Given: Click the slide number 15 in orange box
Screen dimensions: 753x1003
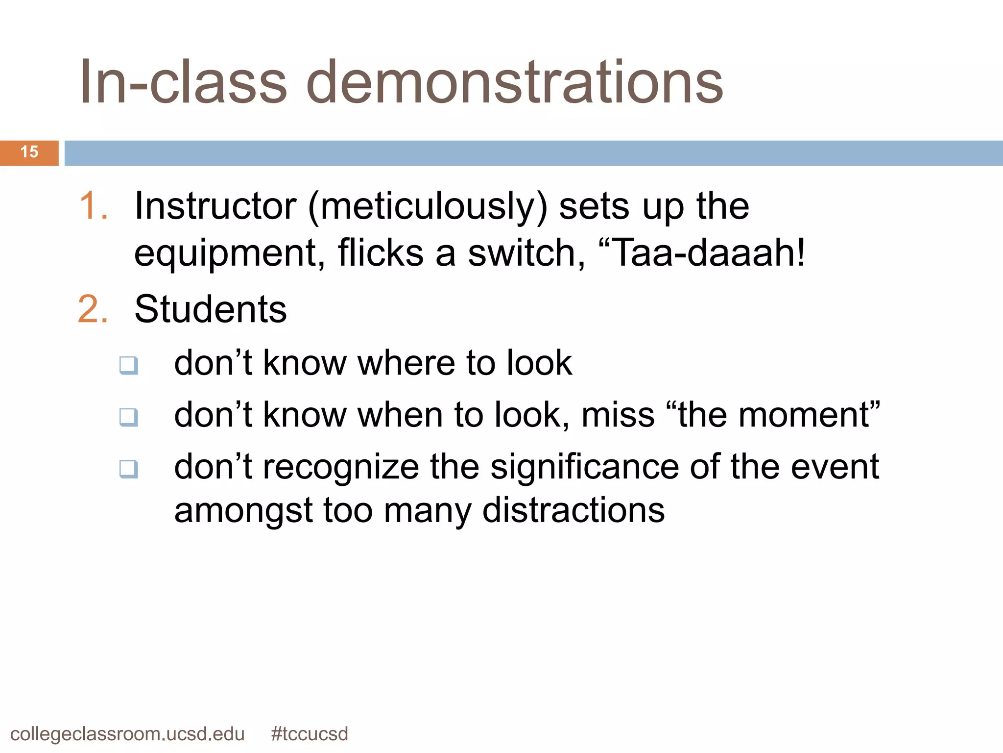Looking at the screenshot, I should click(29, 152).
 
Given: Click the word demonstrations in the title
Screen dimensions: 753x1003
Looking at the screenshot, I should click(514, 82).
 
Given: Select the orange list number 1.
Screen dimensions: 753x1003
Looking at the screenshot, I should click(93, 206).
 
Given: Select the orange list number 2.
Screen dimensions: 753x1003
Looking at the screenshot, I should click(93, 310).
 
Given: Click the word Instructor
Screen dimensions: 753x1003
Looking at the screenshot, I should click(215, 206).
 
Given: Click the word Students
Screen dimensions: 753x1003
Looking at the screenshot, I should click(211, 310).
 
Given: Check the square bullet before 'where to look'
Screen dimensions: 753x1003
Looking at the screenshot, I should click(129, 365).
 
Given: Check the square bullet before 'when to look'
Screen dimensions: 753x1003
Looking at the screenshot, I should click(129, 417).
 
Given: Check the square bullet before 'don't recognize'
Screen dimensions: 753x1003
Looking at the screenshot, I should click(129, 469).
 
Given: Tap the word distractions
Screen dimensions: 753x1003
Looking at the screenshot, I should click(573, 510).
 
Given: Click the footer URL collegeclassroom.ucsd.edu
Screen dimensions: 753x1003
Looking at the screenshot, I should click(127, 734).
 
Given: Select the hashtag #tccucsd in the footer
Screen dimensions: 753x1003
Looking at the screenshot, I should click(309, 734).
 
